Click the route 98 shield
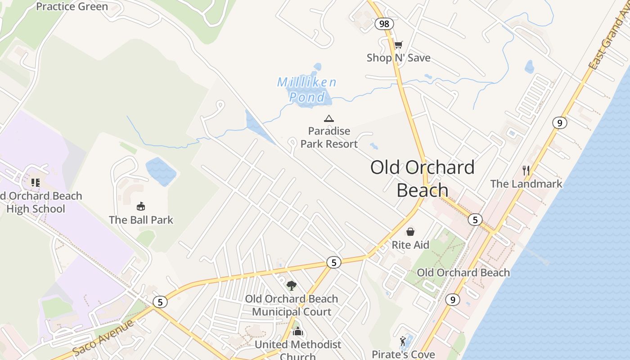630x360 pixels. coord(384,23)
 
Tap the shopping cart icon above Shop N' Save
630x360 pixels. coord(398,45)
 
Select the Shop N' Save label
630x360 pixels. coord(398,58)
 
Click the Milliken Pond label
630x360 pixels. coord(307,90)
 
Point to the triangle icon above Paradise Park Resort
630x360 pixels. coord(329,118)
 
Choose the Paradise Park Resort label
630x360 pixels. coord(329,138)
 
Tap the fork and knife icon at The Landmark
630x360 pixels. coord(526,170)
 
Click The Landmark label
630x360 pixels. coord(526,184)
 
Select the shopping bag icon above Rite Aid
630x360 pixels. coord(410,232)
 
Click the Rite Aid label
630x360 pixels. coord(410,245)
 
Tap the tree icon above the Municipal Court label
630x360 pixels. coord(292,285)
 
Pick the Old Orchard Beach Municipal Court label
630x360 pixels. coord(292,305)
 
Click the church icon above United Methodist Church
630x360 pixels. coord(298,332)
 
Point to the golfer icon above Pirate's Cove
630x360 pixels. coord(403,341)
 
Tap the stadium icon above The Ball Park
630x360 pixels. coord(141,207)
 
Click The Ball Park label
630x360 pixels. coord(141,220)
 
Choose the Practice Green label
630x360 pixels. coord(72,6)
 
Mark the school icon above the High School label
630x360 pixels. coord(35,182)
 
